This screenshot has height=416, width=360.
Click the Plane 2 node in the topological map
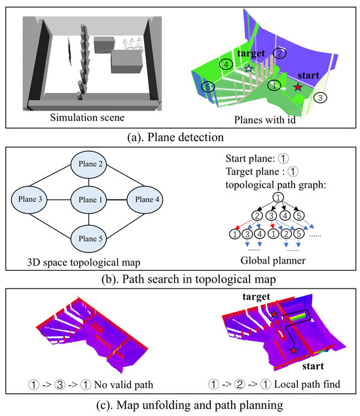click(x=88, y=164)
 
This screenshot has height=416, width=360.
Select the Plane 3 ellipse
click(x=29, y=199)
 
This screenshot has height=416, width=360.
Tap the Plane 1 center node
click(x=88, y=199)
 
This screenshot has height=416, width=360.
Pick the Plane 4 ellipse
click(x=145, y=199)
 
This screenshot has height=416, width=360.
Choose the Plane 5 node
click(x=88, y=239)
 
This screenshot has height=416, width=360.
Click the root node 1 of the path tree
click(x=278, y=198)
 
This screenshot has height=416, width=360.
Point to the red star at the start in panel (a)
click(x=298, y=87)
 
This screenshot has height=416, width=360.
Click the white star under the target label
click(x=249, y=69)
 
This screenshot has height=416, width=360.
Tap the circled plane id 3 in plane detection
click(x=320, y=97)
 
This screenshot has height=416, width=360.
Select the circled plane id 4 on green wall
click(x=226, y=64)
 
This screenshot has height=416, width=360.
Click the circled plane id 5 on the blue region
click(x=207, y=86)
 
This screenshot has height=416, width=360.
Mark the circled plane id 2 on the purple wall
click(x=279, y=54)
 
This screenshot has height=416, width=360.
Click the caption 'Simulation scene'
click(x=87, y=118)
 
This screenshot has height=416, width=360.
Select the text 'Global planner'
click(x=273, y=260)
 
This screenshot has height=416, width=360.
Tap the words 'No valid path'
click(x=124, y=385)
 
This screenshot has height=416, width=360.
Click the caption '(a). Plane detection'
click(x=175, y=137)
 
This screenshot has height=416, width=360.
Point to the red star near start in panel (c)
click(x=293, y=350)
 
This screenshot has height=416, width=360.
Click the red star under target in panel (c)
click(x=274, y=315)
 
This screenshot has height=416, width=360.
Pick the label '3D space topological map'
click(x=84, y=262)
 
